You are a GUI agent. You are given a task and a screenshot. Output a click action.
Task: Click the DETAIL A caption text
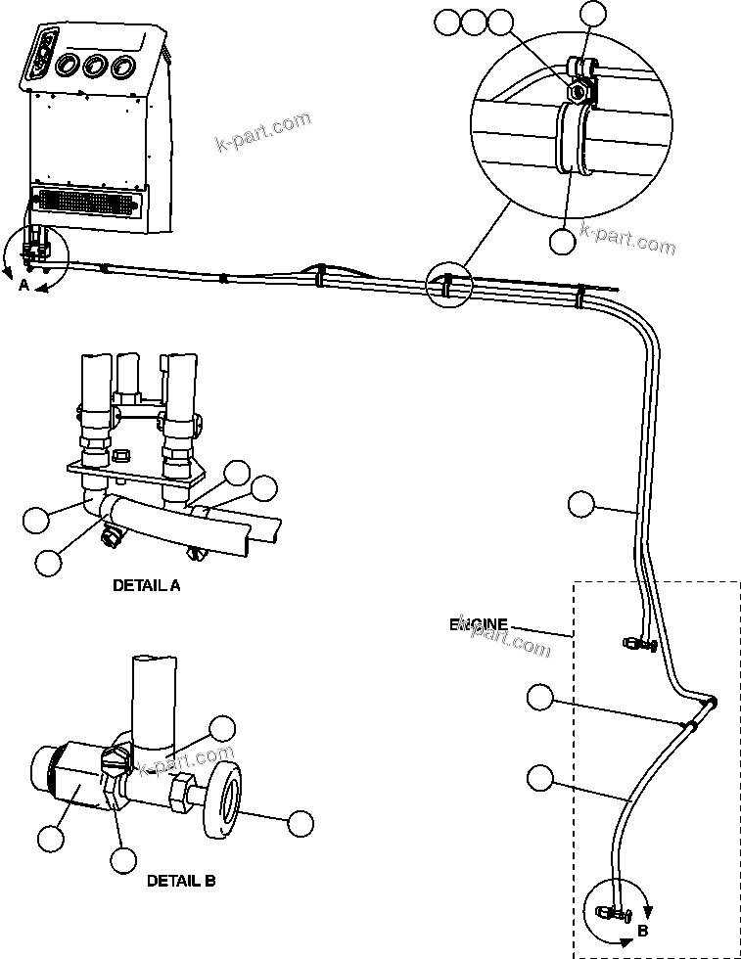coord(147,586)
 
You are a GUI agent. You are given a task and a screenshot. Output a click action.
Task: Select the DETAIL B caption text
coord(181,880)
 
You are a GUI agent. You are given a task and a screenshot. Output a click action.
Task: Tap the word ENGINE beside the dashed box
coord(479,624)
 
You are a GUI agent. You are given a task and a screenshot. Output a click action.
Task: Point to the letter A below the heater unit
coord(23,285)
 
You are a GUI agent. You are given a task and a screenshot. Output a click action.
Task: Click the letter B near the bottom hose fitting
coord(642,931)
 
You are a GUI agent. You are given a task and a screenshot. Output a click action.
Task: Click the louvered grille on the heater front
coord(86,205)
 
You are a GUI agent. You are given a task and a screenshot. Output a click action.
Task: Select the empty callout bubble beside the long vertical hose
coord(580,504)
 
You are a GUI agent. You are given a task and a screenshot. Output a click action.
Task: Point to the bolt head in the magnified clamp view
coord(579,91)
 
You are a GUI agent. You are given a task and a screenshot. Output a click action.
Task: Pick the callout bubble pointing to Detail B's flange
coord(301,824)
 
